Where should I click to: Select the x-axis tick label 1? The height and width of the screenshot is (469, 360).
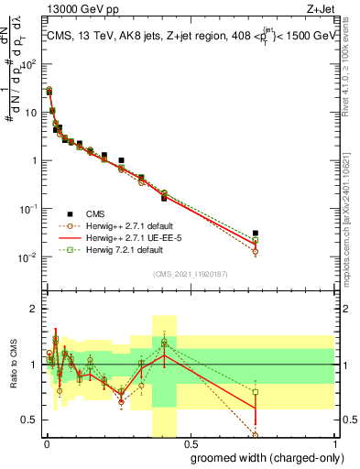[335, 442]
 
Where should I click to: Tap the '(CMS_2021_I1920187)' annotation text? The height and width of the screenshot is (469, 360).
[190, 274]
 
